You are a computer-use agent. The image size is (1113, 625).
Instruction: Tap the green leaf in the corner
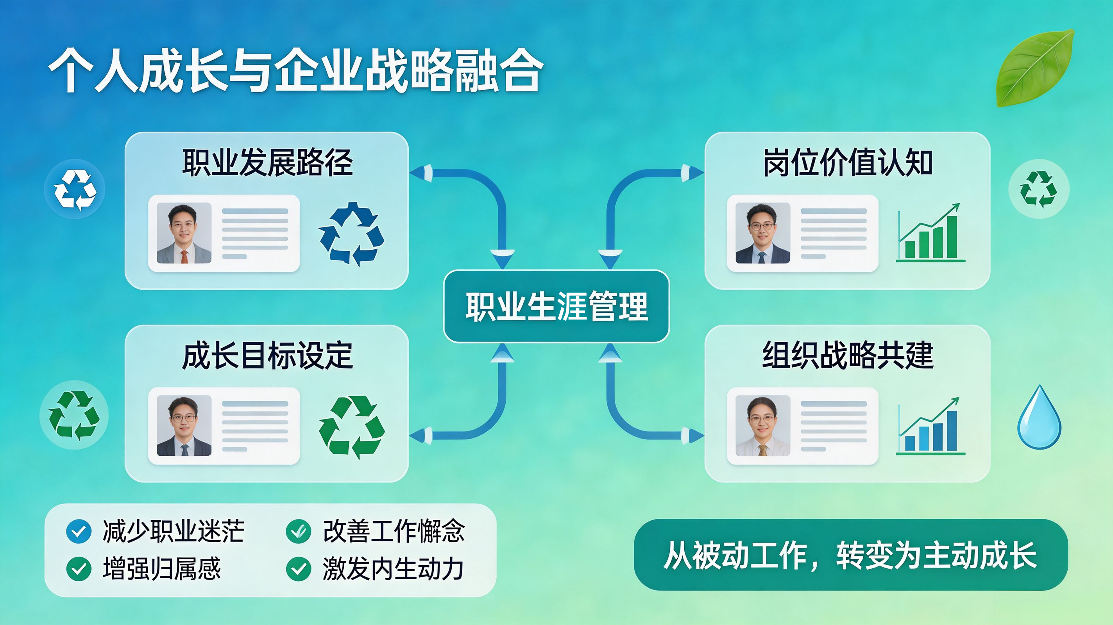point(1035,68)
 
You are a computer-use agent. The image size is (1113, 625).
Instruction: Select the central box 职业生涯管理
point(556,306)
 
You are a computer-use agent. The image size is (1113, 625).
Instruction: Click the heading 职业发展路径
point(267,162)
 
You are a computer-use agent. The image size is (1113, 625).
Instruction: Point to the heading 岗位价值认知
point(848,162)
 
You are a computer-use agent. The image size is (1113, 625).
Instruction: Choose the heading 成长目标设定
point(267,355)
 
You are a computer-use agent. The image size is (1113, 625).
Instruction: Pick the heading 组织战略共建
point(848,355)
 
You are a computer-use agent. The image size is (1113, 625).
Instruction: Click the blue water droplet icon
point(1039,418)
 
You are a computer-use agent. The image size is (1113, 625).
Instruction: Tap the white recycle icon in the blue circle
point(75,189)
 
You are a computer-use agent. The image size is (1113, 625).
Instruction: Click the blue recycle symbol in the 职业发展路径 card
point(351,234)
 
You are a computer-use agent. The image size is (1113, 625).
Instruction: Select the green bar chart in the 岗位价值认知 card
point(930,233)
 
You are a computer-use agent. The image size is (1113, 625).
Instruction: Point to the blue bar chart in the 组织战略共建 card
point(930,426)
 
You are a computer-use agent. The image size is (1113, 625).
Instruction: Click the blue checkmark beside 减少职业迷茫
point(79,531)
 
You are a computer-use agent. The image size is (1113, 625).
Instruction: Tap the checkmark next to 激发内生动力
point(299,569)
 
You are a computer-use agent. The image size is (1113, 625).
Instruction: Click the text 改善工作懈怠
point(394,531)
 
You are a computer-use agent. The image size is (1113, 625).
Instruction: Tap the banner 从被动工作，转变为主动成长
point(851,555)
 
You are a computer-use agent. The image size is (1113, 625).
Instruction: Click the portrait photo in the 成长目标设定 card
point(184,426)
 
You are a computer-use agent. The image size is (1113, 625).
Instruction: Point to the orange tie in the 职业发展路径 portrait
point(184,256)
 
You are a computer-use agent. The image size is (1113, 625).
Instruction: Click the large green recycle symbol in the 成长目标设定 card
point(351,427)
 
